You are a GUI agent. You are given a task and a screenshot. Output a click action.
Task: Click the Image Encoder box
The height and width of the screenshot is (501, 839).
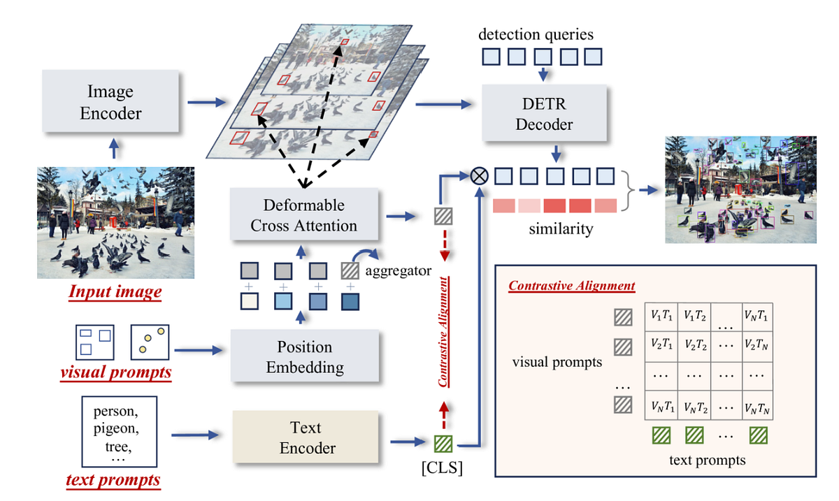[110, 101]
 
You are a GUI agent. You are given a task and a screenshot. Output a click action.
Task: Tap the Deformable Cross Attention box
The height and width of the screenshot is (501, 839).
[304, 215]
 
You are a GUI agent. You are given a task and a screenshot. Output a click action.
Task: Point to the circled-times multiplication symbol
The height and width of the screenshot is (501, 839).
[480, 176]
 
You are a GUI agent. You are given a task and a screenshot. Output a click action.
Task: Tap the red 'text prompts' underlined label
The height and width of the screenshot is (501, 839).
[113, 479]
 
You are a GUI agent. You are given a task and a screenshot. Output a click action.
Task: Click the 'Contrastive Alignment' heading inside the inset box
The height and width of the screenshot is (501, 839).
[571, 286]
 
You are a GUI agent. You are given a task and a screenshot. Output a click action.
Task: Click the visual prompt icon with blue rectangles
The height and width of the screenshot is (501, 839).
[94, 340]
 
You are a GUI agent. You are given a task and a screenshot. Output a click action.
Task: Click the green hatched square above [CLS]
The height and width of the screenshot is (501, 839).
[443, 443]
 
